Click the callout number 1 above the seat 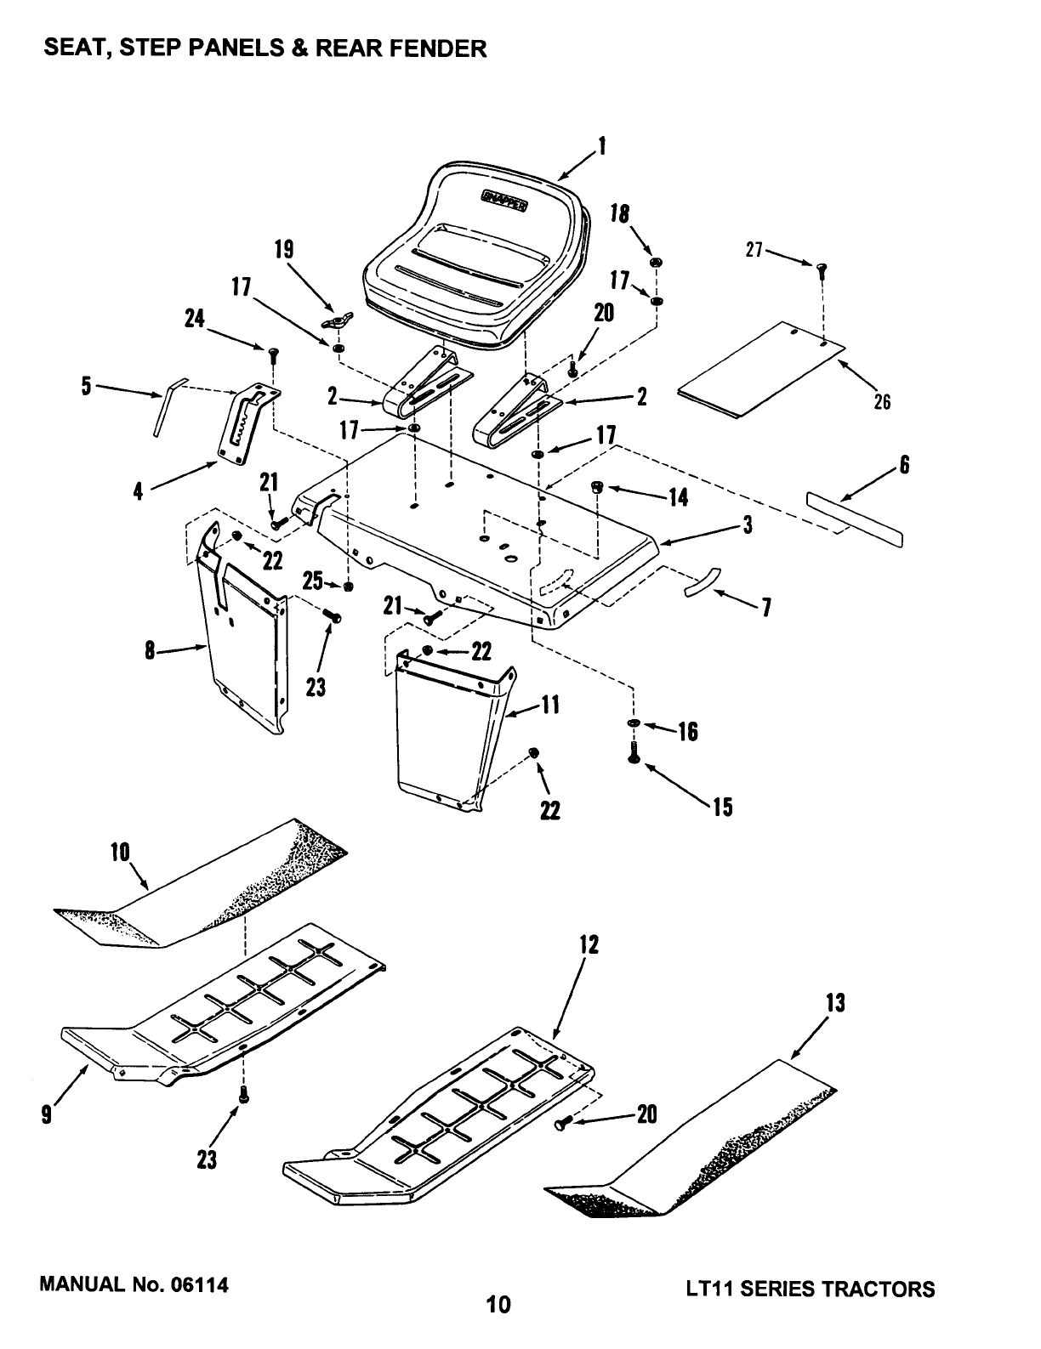pyautogui.click(x=602, y=147)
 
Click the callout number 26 pyautogui.click(x=882, y=401)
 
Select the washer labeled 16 pyautogui.click(x=634, y=723)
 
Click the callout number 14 pyautogui.click(x=678, y=497)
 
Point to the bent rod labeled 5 pyautogui.click(x=163, y=409)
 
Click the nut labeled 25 pyautogui.click(x=348, y=587)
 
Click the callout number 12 pyautogui.click(x=589, y=944)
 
